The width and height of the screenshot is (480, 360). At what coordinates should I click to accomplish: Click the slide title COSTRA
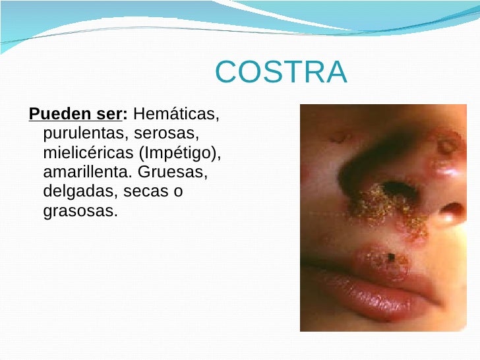click(x=281, y=73)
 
